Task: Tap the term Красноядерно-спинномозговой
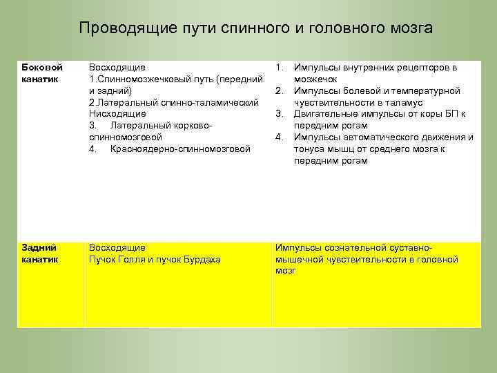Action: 180,149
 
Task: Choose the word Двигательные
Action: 324,114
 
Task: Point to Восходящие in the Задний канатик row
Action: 117,247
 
